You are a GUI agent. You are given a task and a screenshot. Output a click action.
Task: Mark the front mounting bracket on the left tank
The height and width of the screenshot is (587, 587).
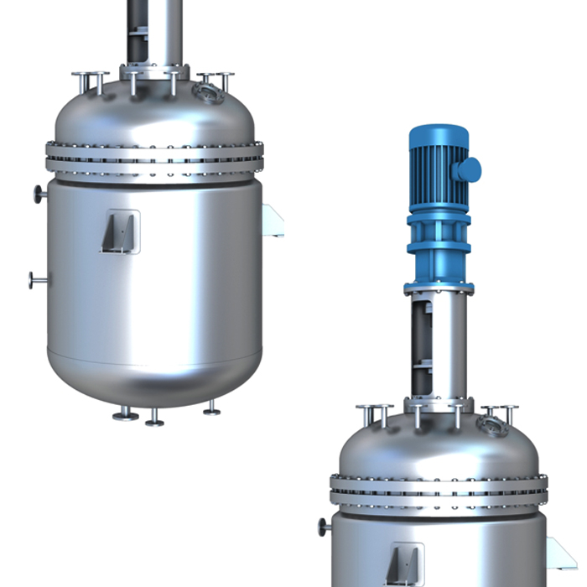click(x=120, y=231)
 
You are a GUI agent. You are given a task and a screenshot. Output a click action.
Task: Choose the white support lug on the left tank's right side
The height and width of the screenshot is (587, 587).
click(x=273, y=221)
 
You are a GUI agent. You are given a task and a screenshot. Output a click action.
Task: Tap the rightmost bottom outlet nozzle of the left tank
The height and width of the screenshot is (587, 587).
click(x=211, y=409)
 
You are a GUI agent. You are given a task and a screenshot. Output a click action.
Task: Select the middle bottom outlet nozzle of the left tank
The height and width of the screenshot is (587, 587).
click(x=154, y=418)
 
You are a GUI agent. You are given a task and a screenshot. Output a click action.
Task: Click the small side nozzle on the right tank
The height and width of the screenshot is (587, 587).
click(x=324, y=527)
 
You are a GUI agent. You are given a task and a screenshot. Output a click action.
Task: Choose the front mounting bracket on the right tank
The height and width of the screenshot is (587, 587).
click(x=404, y=562)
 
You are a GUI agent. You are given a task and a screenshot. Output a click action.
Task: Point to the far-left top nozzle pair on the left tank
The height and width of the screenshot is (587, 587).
click(x=90, y=81)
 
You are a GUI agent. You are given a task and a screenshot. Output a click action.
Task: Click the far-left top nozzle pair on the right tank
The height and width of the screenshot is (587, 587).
click(x=374, y=414)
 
